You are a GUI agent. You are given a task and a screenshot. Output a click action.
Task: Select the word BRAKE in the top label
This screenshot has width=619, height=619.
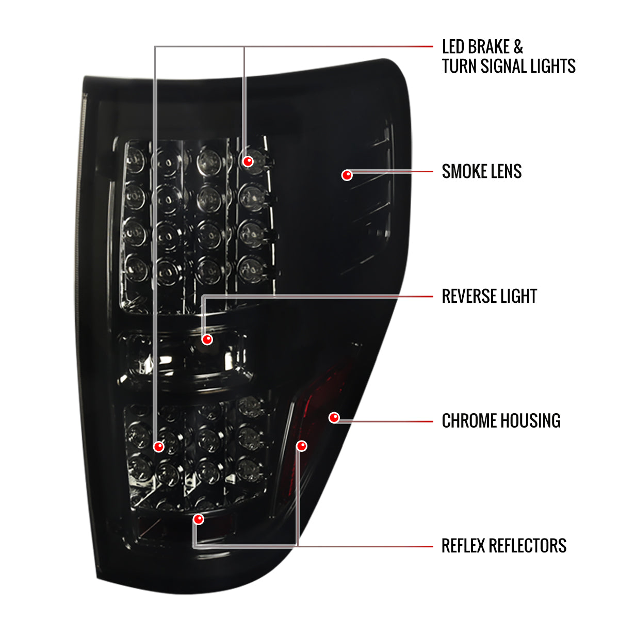(x=489, y=46)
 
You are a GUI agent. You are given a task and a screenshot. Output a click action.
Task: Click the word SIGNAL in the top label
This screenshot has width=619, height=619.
(x=503, y=66)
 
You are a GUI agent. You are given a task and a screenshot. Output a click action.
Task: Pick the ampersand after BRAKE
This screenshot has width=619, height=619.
(x=518, y=46)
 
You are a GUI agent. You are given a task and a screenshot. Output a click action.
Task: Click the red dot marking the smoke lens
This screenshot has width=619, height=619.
(x=347, y=175)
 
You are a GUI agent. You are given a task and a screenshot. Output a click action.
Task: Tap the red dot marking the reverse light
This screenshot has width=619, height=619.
(x=207, y=339)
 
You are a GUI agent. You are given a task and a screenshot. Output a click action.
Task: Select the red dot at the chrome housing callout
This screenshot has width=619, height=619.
(x=334, y=418)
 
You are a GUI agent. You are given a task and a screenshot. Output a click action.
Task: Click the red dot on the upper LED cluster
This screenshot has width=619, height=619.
(x=248, y=161)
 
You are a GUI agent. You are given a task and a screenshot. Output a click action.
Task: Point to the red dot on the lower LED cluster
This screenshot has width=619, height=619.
(x=159, y=447)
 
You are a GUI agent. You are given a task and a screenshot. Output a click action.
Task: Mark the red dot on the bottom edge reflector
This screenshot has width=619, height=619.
(x=199, y=519)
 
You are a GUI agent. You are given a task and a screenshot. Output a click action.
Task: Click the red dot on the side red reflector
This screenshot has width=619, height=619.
(x=302, y=446)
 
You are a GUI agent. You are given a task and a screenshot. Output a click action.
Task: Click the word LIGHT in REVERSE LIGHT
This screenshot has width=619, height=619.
(x=520, y=296)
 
